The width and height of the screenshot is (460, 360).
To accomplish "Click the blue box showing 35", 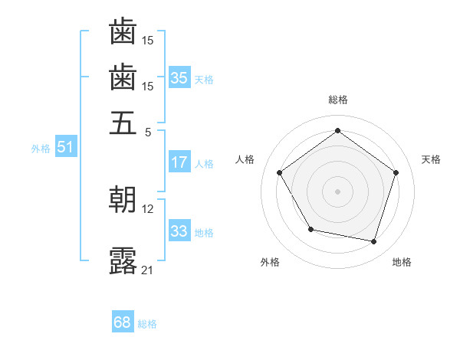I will [179, 77].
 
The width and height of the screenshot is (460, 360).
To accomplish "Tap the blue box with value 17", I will [179, 162].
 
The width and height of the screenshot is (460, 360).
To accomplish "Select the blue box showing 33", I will [179, 231].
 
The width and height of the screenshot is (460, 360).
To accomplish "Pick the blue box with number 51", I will [65, 147].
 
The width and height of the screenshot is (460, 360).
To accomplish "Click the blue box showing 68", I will [123, 322].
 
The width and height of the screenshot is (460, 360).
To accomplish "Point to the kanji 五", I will [123, 123].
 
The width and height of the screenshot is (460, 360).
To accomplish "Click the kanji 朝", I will [123, 200].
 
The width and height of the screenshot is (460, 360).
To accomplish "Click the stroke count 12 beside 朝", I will [148, 208].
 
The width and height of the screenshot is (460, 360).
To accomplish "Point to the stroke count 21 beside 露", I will [147, 270].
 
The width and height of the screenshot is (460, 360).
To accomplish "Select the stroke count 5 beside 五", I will [149, 131].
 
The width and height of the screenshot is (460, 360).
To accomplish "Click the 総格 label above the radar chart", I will [337, 100].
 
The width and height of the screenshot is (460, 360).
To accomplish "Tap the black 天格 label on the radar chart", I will [431, 159].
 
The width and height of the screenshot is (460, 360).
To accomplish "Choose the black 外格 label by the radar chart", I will [270, 262].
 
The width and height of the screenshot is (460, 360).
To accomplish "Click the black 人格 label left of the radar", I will [245, 159].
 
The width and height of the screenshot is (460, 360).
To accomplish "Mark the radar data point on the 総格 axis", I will [337, 130].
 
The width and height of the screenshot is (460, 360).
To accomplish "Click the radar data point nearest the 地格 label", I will [373, 241].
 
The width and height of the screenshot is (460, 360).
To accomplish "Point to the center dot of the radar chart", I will [337, 191].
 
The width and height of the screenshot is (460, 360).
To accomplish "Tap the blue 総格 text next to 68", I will [147, 324].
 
